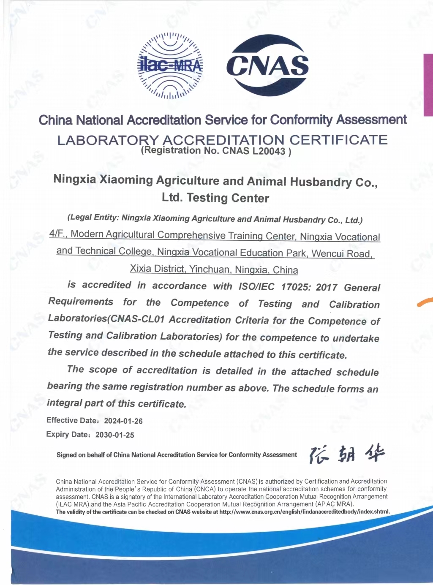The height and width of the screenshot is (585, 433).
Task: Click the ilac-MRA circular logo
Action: click(x=170, y=65)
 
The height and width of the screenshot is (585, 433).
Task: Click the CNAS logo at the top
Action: click(x=268, y=65)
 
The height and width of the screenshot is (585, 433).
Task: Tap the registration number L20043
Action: click(x=269, y=151)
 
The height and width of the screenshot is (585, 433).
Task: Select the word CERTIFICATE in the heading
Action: click(x=338, y=140)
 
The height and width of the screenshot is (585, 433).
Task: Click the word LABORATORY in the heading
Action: click(x=108, y=140)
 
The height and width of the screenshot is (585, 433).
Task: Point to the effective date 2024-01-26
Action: click(x=123, y=421)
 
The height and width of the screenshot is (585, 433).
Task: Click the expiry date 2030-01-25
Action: click(x=115, y=435)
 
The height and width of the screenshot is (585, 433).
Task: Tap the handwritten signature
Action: click(x=346, y=454)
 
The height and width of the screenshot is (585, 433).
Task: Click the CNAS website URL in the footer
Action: click(x=304, y=512)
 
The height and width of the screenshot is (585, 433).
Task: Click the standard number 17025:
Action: click(x=295, y=287)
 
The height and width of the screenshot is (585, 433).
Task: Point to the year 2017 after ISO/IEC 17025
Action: click(x=326, y=288)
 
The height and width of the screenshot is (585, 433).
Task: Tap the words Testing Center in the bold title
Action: click(x=228, y=198)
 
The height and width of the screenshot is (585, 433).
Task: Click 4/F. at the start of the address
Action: click(x=58, y=234)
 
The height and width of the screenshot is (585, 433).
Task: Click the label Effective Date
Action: click(x=68, y=420)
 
